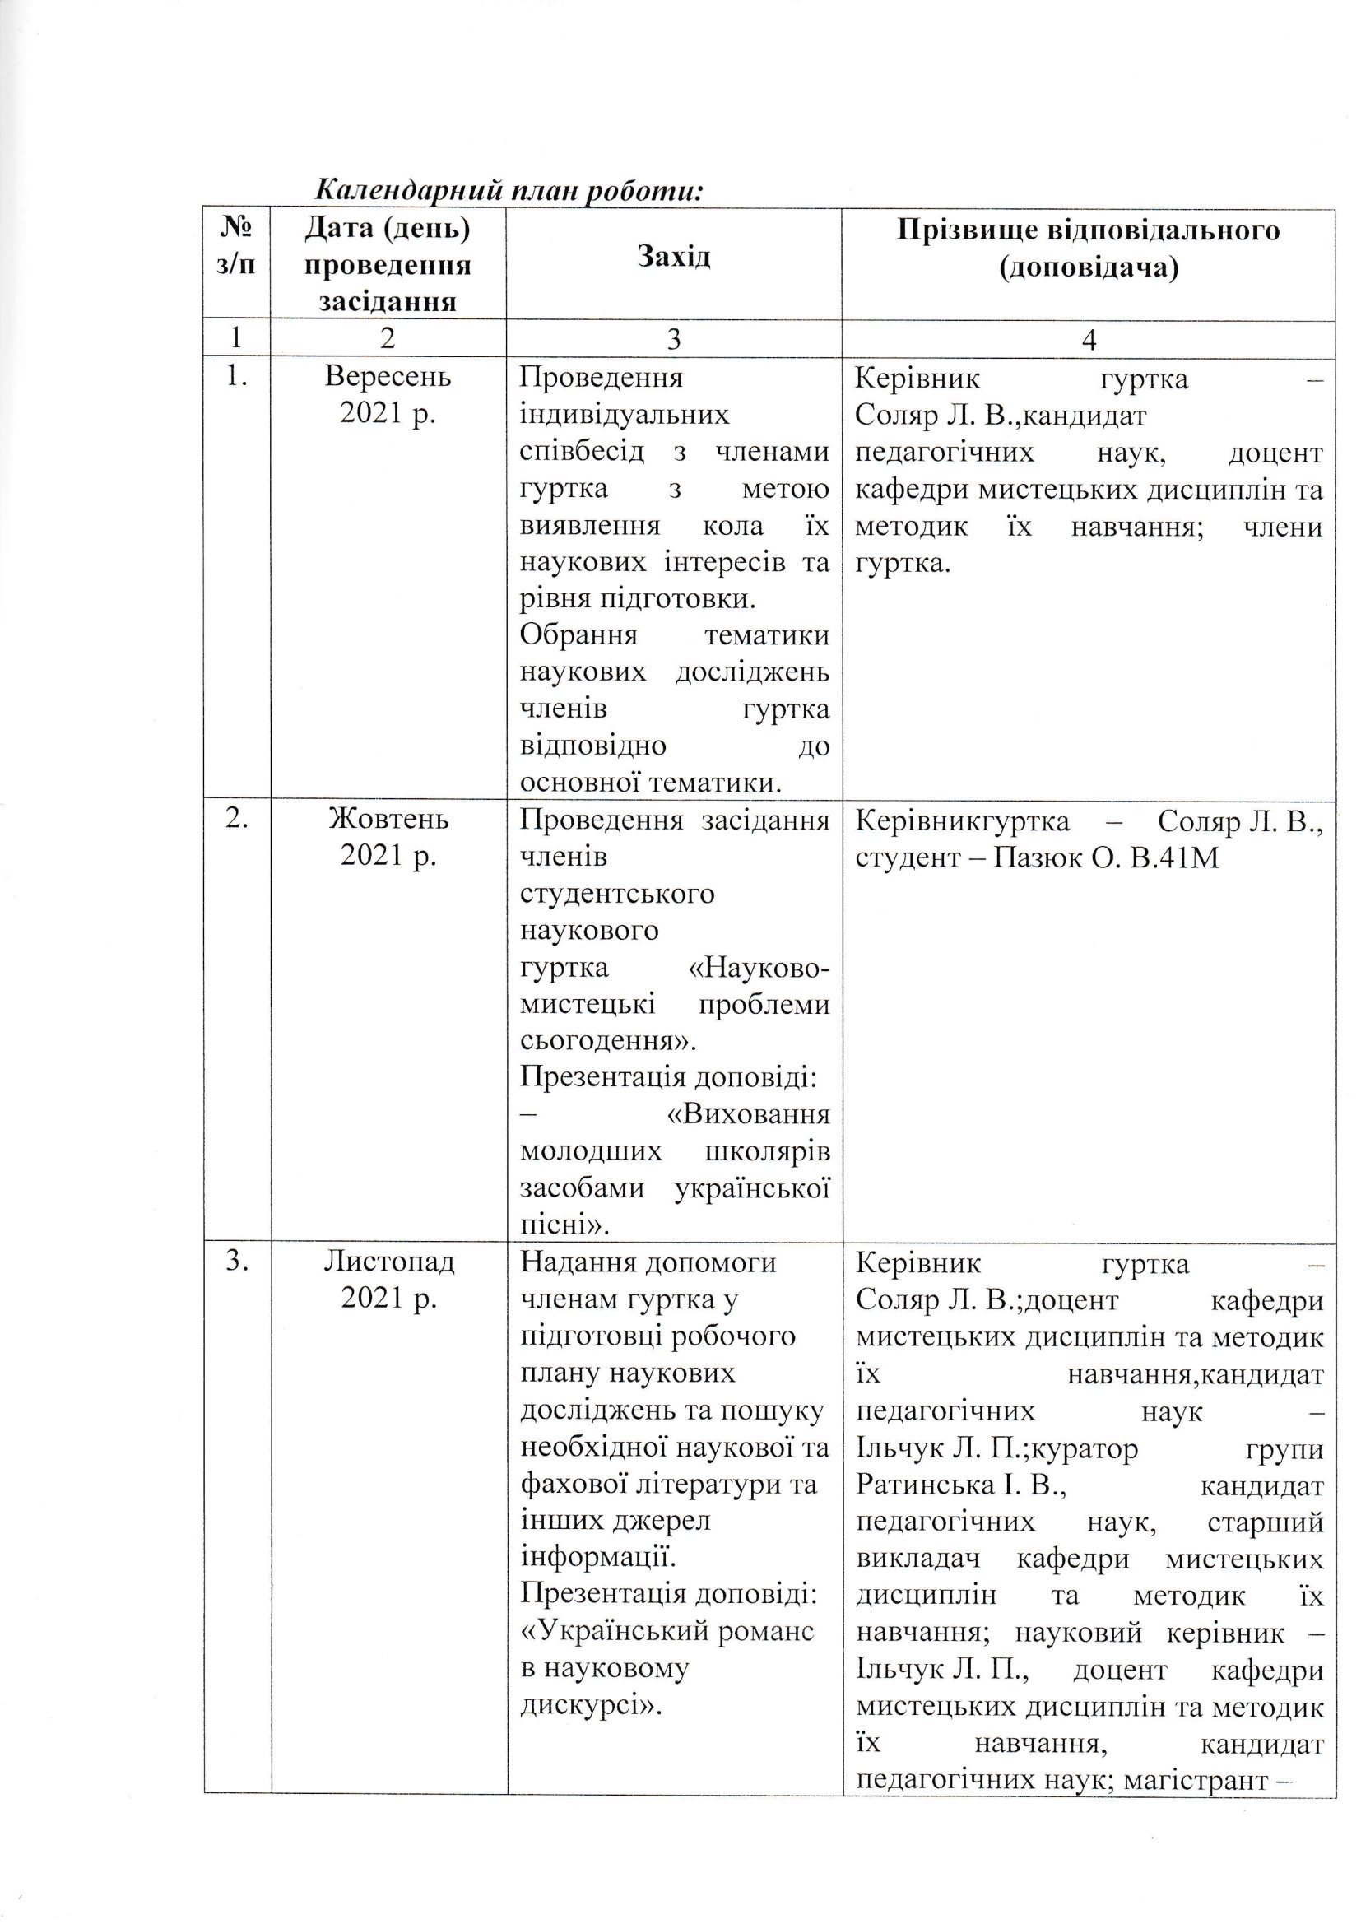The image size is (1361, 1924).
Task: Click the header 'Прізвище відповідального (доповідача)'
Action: point(1089,248)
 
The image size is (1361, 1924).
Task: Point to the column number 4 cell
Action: point(1089,338)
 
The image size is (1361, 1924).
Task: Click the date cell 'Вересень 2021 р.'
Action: point(388,396)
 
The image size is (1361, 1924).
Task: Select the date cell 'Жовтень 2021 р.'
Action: point(388,837)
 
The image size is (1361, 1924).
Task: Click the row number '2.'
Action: point(236,820)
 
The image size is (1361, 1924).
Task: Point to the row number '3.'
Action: point(236,1262)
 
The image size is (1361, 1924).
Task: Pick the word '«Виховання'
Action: point(747,1115)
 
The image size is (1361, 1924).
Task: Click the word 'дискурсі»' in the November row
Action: point(591,1705)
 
